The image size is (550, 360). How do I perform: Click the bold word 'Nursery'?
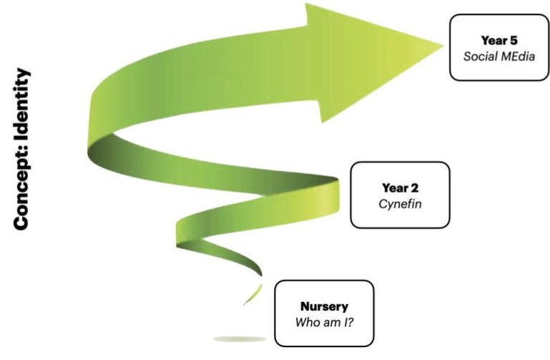tap(324, 307)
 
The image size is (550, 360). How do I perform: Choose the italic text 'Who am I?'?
tap(324, 321)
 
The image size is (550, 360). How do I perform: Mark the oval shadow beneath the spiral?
tap(240, 338)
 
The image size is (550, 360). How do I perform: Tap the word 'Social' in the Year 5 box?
tap(476, 56)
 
